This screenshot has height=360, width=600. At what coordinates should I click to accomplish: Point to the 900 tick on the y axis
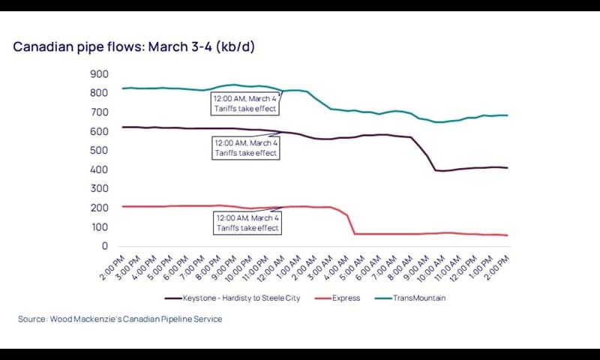pos(99,74)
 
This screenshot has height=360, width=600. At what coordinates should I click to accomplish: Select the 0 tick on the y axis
pos(105,246)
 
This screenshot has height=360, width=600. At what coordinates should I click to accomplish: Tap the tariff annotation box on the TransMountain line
pos(245,103)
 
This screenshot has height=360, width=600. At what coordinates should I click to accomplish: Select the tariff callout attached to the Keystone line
pos(245,147)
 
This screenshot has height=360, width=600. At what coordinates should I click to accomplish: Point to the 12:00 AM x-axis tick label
pos(274,268)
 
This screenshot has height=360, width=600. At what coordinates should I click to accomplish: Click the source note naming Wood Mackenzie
pos(120,319)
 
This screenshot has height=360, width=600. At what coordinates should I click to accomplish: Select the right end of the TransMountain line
pos(508,115)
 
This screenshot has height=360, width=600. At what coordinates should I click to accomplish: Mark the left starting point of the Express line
pos(122,206)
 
